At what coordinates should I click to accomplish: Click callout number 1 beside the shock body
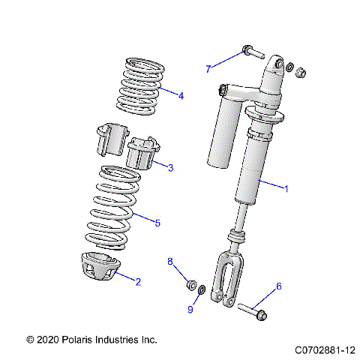coord(285,189)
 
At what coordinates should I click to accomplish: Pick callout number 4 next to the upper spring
coord(181,95)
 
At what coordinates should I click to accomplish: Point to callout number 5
coord(157,222)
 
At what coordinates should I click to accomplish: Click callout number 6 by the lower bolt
coord(279,286)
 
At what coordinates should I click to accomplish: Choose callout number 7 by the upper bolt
coord(208,69)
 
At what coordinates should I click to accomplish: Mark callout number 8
coord(170,262)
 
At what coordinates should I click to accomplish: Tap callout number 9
coord(169,309)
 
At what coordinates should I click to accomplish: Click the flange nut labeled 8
coord(192,285)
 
